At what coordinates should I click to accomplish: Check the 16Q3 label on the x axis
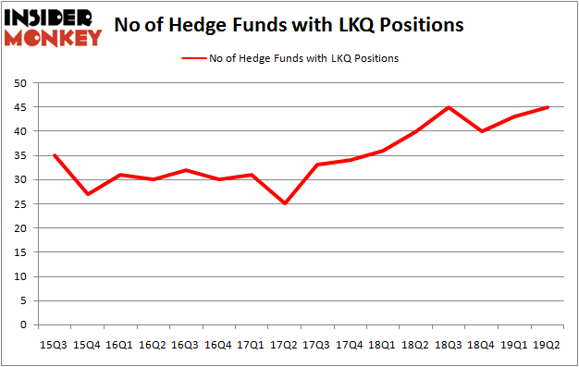pyautogui.click(x=185, y=344)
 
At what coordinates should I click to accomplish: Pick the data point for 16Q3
pyautogui.click(x=186, y=170)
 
